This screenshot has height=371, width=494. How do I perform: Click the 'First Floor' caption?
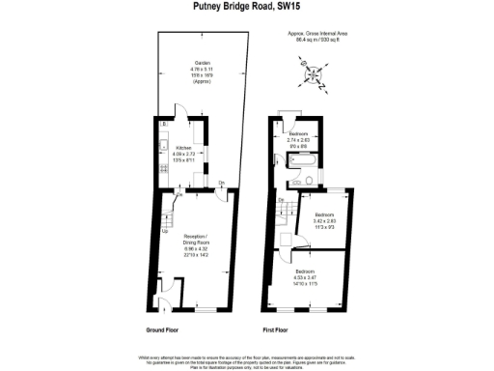point(277,330)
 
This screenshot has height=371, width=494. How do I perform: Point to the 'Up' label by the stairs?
point(164,231)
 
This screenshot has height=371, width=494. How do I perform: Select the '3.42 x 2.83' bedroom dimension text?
point(323,221)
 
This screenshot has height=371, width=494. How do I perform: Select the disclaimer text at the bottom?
point(247,358)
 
